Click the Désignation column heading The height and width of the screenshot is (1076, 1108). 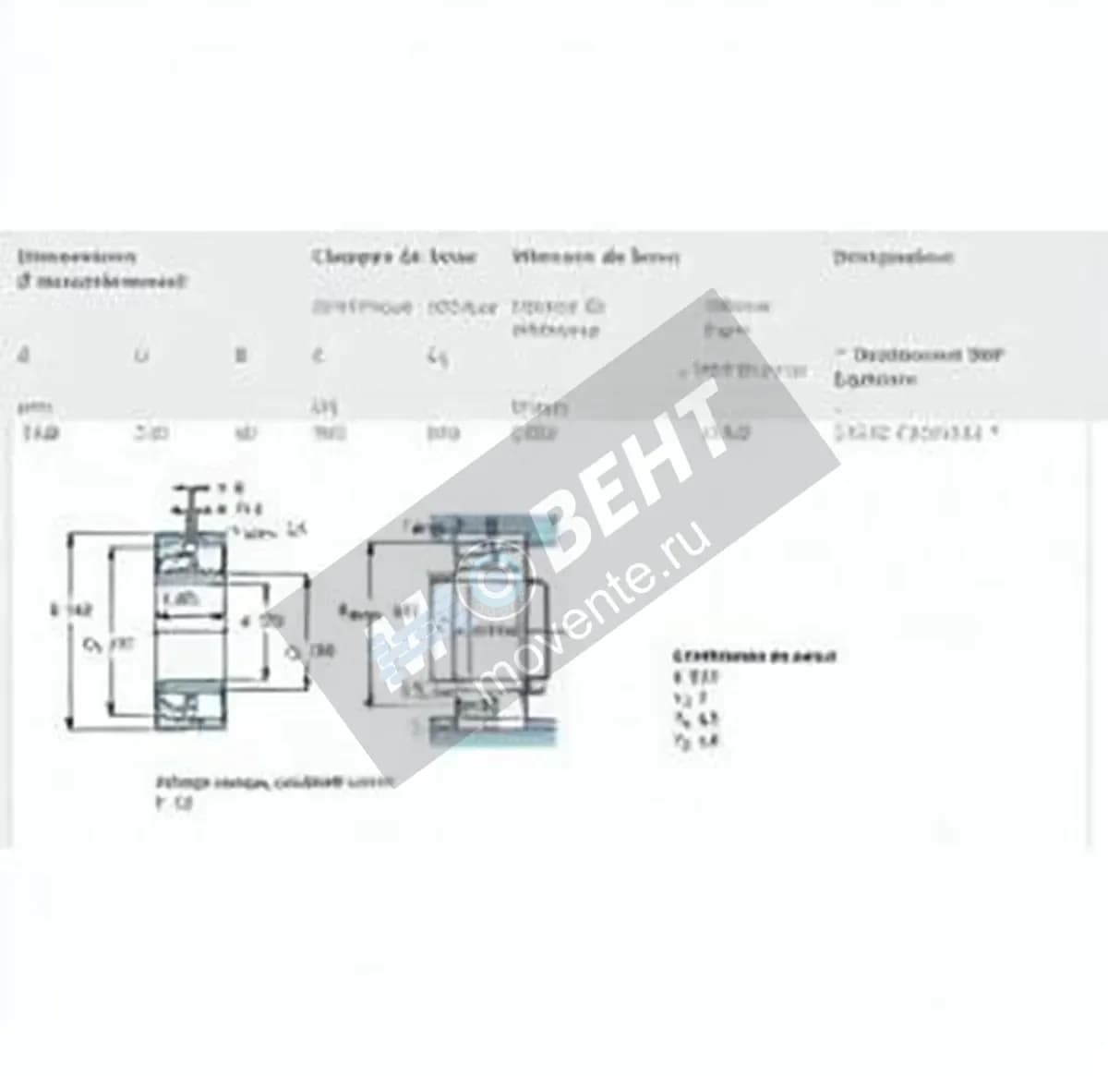(x=893, y=256)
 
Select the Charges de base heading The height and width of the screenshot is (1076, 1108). (x=394, y=256)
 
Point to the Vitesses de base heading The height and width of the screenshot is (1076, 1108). (x=596, y=257)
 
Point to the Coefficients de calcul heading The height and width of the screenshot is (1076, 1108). (x=754, y=657)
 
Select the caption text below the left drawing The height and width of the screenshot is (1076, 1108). (x=272, y=782)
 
